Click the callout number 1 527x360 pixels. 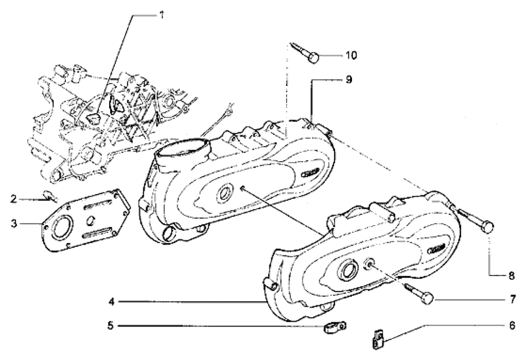162,15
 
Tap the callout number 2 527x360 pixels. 14,199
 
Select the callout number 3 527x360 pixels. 14,223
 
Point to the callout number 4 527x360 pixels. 111,301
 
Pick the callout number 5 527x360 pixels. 111,325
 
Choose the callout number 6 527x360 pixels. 512,325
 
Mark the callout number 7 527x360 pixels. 513,299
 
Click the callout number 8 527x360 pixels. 512,276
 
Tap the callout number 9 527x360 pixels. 348,80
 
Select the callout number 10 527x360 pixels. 351,55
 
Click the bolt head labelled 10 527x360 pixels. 314,58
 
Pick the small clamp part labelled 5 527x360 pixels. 335,327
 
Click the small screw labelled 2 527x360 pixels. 50,196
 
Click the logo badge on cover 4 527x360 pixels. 436,249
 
